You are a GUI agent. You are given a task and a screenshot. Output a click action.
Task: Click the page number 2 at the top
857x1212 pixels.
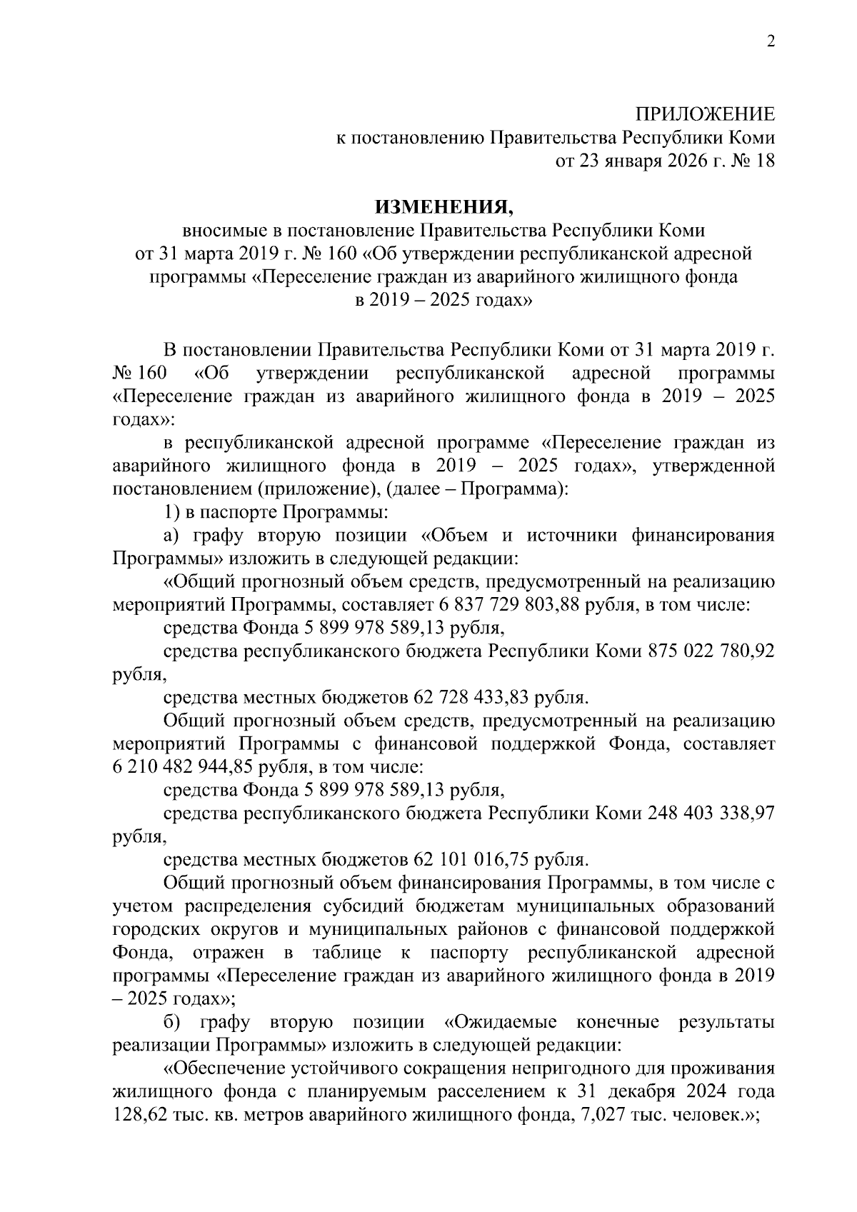coord(770,42)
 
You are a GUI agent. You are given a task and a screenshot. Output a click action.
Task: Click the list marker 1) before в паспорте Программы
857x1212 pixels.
coord(170,512)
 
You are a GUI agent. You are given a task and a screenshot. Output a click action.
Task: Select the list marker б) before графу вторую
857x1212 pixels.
coord(174,1023)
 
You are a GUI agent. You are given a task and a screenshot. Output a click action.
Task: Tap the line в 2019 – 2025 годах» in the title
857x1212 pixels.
coord(443,301)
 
